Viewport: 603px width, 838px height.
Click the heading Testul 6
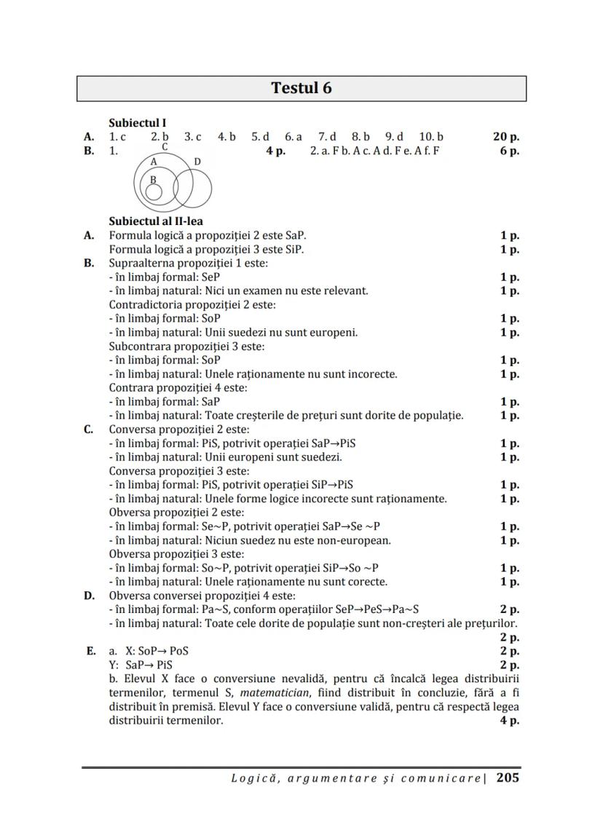(x=301, y=88)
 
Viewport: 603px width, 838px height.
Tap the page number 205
(x=508, y=778)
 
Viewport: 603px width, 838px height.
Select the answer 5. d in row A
(x=261, y=136)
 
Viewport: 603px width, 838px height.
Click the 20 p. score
(x=505, y=136)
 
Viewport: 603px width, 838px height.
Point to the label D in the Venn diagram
(x=197, y=161)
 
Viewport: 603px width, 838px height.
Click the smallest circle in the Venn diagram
(x=154, y=191)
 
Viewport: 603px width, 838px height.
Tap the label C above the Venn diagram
(x=165, y=146)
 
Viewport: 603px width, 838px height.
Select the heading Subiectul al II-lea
(x=156, y=221)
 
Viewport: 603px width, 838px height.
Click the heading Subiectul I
(x=137, y=123)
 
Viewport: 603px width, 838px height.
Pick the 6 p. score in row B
(x=509, y=151)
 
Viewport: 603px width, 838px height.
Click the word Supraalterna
(x=142, y=263)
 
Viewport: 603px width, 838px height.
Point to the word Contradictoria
(x=146, y=304)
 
